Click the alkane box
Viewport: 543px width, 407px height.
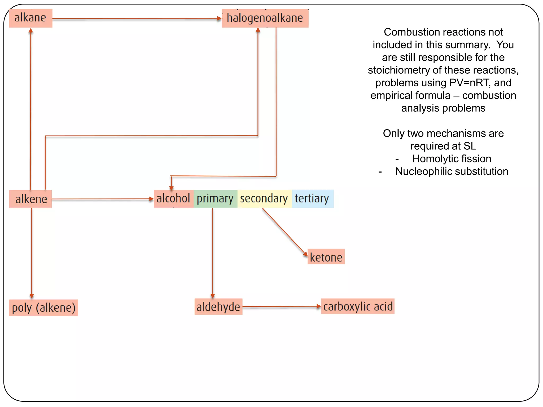pos(30,18)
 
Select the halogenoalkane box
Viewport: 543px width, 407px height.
pos(265,18)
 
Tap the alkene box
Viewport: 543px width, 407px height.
pos(31,199)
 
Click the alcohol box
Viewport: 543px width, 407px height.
pos(173,198)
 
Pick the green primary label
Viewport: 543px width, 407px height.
pos(215,198)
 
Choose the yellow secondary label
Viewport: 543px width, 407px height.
pos(264,198)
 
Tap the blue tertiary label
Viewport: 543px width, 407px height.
pos(312,198)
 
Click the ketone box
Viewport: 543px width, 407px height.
pos(326,257)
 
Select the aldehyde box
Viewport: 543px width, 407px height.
pos(218,307)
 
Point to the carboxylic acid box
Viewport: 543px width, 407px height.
pos(358,307)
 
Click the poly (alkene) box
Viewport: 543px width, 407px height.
pos(44,308)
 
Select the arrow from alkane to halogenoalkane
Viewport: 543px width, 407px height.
pos(137,19)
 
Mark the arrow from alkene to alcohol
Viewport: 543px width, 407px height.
pos(102,199)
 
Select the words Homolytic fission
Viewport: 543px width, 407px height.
pos(452,159)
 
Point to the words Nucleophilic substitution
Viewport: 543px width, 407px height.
pos(452,171)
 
